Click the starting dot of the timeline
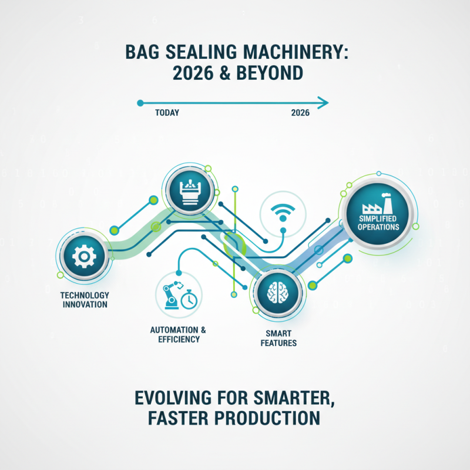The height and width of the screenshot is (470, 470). (x=140, y=103)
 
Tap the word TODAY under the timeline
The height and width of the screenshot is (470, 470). (x=167, y=113)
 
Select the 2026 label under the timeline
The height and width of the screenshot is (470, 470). (x=300, y=113)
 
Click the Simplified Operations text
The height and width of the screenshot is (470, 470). (x=377, y=223)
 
